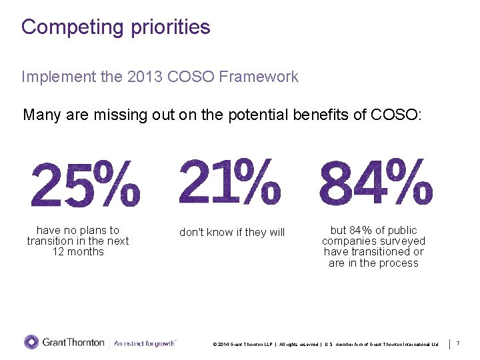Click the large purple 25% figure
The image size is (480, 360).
(85, 185)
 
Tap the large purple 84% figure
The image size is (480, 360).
(376, 183)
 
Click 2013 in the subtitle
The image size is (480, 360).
(140, 77)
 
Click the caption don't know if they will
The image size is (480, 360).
(232, 232)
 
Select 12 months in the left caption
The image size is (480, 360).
(78, 251)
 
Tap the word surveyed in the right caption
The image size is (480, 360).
(403, 241)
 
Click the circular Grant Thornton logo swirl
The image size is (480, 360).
(31, 342)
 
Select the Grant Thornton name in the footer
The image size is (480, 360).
(73, 343)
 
